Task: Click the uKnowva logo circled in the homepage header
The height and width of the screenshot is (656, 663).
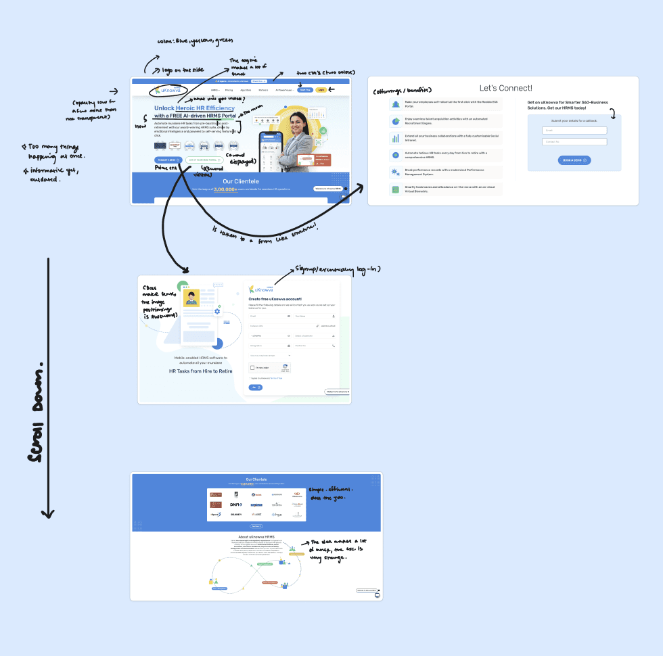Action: tap(165, 90)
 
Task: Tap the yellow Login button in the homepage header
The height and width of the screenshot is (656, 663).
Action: tap(321, 89)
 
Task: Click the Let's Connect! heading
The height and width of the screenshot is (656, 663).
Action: tap(505, 88)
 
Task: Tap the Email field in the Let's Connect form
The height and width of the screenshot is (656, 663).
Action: tap(574, 131)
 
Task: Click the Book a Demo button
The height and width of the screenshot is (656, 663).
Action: tap(574, 160)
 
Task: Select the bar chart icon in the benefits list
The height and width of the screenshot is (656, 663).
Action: tap(395, 138)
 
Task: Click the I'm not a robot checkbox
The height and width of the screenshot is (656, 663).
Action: tap(252, 368)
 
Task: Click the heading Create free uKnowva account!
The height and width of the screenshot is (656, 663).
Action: tap(275, 298)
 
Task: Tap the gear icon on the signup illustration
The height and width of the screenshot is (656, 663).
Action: tap(217, 311)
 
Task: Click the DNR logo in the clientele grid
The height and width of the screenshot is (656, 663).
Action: tap(235, 505)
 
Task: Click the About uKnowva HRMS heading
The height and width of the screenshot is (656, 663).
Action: tap(256, 537)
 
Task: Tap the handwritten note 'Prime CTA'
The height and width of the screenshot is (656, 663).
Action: tap(165, 167)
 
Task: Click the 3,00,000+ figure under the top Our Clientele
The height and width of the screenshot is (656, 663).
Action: tap(225, 190)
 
